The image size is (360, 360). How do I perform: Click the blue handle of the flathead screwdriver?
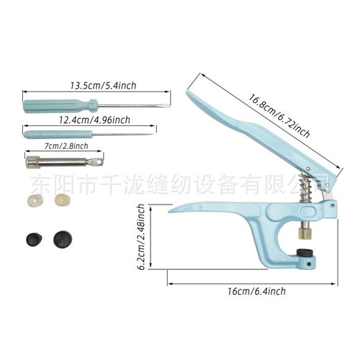pos(42,105)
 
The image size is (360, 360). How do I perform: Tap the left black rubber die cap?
pos(32,238)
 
